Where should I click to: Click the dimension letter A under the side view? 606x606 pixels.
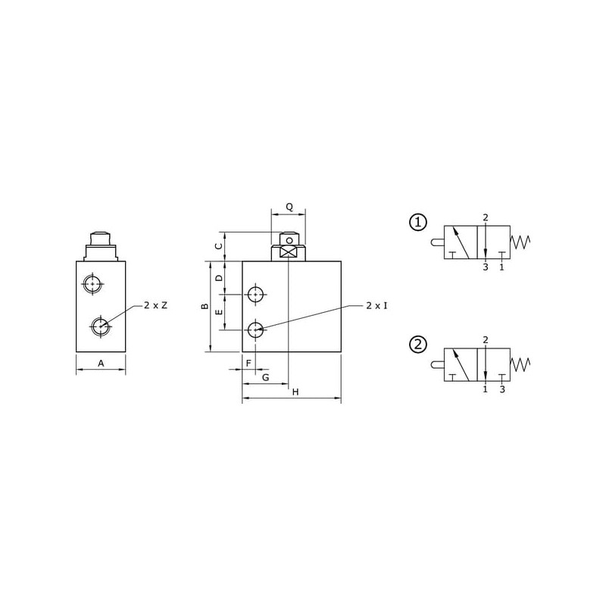101,364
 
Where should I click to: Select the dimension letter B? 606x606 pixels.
205,307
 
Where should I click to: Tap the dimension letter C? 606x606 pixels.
219,246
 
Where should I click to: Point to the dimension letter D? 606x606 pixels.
219,278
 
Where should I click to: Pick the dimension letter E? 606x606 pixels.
219,311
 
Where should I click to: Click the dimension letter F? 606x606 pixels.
249,364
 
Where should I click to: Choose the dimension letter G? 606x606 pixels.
266,377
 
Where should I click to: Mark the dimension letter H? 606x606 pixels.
295,392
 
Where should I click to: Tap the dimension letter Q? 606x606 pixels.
289,207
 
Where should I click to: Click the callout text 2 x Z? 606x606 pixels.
156,305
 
